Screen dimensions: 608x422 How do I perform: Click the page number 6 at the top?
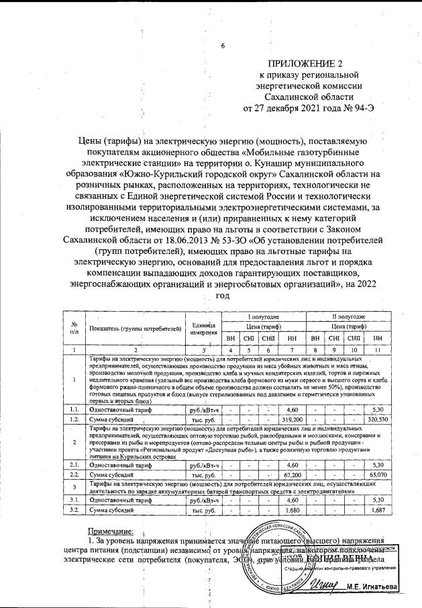tap(223, 46)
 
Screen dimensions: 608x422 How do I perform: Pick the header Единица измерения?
tap(202, 329)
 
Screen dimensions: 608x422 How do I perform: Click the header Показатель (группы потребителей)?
tap(136, 329)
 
